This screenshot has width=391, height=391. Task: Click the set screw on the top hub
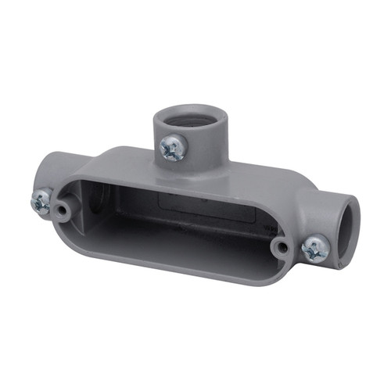pos(172,146)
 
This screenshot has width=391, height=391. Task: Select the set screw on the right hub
pos(314,249)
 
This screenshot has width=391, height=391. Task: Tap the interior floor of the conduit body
pos(172,235)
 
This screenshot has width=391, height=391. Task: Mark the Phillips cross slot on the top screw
pos(172,146)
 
